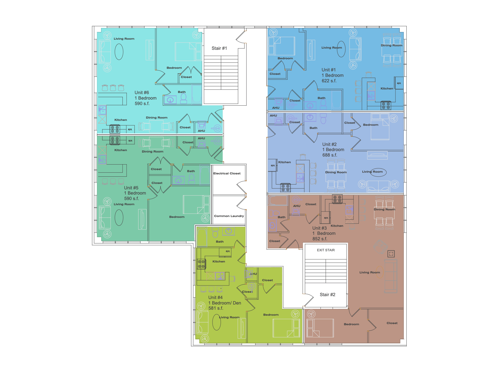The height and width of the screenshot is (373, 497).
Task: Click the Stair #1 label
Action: coord(219,48)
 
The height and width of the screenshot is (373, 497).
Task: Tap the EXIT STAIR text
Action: coord(326,250)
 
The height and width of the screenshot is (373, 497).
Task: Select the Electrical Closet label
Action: coord(227,173)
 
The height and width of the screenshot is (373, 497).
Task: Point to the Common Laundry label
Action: coord(229,216)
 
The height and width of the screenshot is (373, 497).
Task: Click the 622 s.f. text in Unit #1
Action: coord(329,81)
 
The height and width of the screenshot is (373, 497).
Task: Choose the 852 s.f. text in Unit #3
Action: coord(320,239)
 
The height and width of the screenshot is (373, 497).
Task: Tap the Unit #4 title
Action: coord(215,298)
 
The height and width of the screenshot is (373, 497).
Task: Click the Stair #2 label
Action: coord(327,295)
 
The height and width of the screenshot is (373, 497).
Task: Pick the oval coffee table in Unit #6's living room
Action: coord(119,52)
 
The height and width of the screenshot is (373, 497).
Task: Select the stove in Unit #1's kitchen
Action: coord(386,106)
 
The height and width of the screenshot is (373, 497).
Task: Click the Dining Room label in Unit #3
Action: coord(384,210)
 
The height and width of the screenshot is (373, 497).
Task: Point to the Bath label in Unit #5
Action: coord(191,171)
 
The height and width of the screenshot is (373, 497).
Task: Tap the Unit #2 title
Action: coord(329,144)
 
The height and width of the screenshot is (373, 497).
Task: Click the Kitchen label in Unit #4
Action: coord(219,262)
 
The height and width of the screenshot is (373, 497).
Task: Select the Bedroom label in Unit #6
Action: coord(174,68)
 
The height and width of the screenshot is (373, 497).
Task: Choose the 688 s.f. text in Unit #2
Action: coord(329,155)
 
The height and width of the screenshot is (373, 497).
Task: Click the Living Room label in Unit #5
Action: coord(124,204)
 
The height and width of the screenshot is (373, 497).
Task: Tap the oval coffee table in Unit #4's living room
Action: coord(216,322)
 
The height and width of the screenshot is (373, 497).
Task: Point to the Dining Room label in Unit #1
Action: coord(391,45)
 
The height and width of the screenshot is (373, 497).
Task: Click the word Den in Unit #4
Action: coord(237,303)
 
